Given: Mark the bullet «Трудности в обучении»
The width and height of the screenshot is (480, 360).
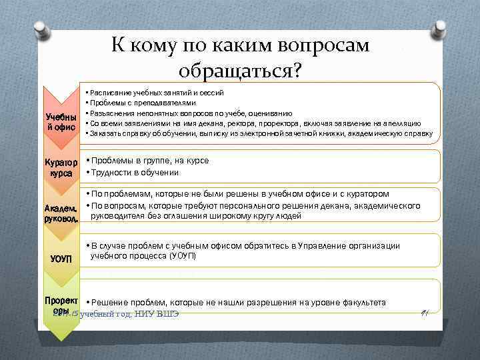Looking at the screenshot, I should click(x=134, y=173).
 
